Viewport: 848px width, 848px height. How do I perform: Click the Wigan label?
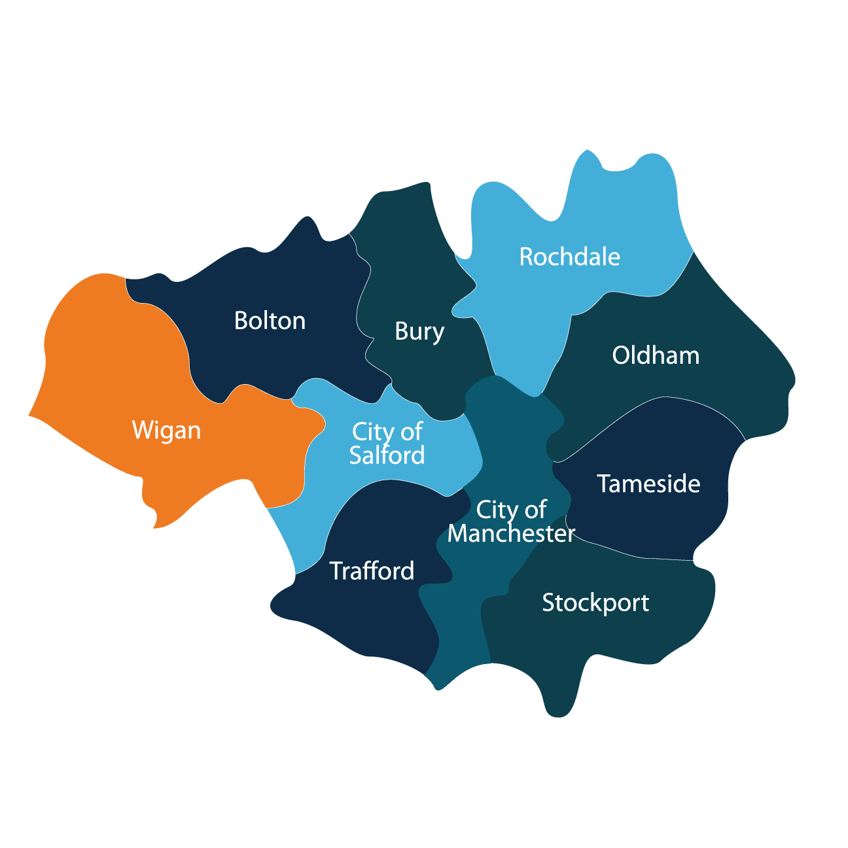[x=166, y=431]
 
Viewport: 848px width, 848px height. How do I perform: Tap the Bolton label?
[x=270, y=321]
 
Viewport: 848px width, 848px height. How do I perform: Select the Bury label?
[x=419, y=332]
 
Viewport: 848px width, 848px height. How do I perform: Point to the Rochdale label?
[x=569, y=256]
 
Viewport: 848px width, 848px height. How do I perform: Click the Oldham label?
[x=656, y=355]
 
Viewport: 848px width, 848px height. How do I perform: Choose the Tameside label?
[x=648, y=484]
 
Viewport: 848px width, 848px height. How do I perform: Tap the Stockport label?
[x=595, y=603]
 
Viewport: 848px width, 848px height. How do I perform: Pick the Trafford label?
[x=372, y=571]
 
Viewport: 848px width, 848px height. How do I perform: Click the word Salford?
[x=387, y=455]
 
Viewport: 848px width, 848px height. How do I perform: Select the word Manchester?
[x=511, y=533]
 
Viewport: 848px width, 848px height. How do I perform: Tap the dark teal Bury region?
[x=399, y=262]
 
